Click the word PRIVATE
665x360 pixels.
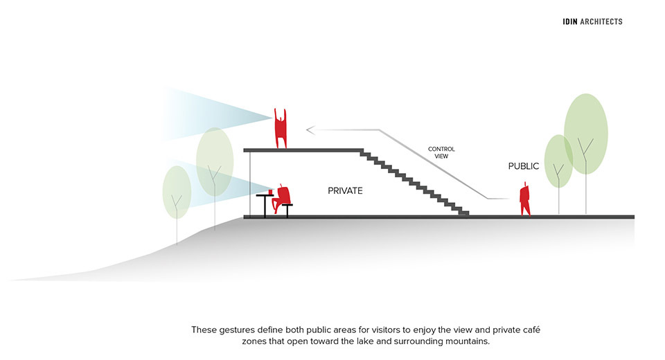click(345, 191)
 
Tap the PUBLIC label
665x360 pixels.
click(524, 166)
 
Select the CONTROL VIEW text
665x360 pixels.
click(441, 152)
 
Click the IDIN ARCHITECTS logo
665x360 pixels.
click(592, 21)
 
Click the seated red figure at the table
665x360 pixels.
click(281, 199)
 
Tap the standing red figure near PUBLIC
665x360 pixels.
click(525, 199)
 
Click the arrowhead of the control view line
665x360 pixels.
click(310, 129)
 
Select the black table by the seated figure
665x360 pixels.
click(265, 206)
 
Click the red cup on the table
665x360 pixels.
click(270, 192)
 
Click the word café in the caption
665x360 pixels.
click(530, 330)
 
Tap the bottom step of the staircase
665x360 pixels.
click(464, 213)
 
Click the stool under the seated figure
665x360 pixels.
click(287, 210)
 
